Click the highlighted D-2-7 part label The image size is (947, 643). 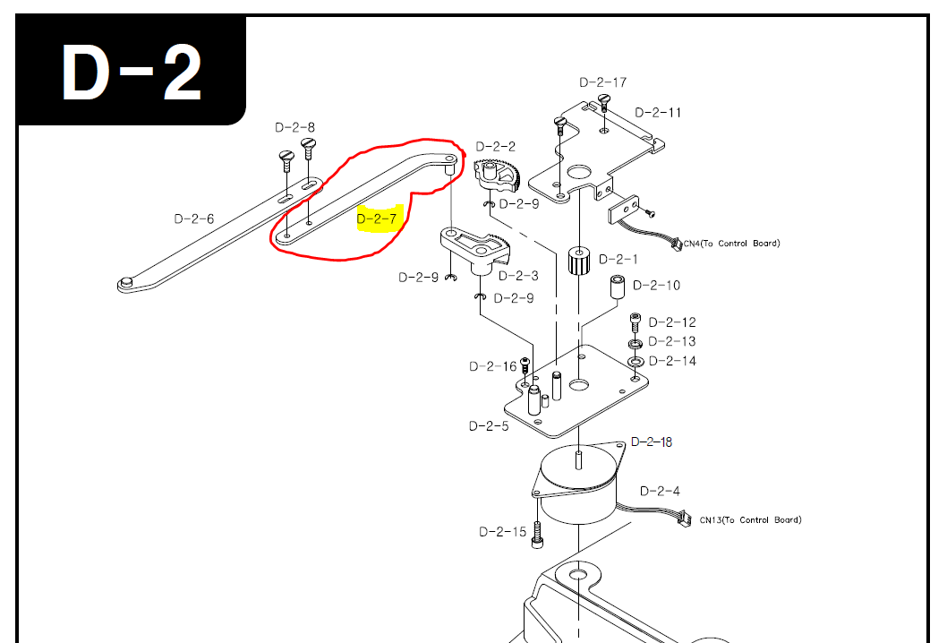tap(376, 218)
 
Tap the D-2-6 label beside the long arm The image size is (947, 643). tap(194, 219)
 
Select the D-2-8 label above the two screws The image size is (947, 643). tap(294, 127)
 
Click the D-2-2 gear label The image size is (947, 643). tap(495, 146)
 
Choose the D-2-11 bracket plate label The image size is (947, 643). tap(658, 113)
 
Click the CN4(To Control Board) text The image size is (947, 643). tap(731, 244)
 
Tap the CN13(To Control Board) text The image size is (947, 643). tap(750, 520)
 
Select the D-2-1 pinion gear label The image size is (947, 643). tap(618, 259)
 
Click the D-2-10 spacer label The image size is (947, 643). tap(656, 286)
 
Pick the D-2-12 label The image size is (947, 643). tap(671, 322)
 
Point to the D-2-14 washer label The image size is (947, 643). tap(671, 361)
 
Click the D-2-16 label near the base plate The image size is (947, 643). tap(493, 366)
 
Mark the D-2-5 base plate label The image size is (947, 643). tap(489, 426)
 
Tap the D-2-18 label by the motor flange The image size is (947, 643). tap(652, 442)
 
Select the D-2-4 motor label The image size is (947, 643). tap(660, 491)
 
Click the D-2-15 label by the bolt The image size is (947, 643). tap(503, 532)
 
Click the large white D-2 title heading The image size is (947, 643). tap(131, 73)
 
